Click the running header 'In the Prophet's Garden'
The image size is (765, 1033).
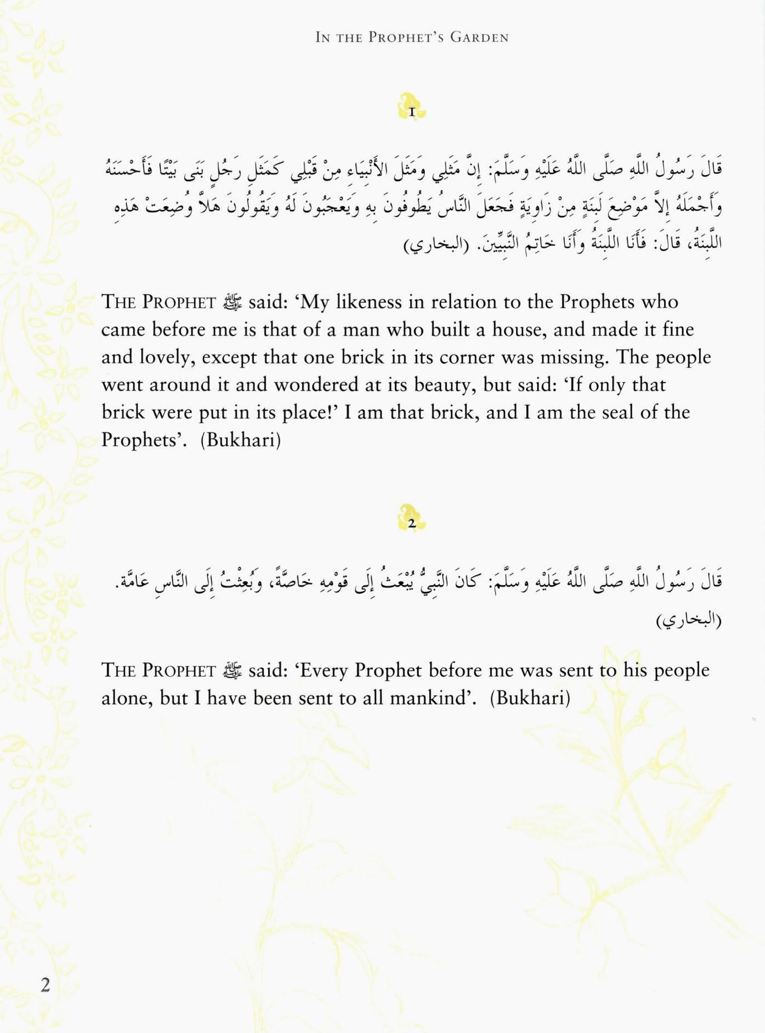(411, 38)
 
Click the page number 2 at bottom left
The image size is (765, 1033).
(45, 984)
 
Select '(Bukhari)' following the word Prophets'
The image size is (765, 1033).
(240, 440)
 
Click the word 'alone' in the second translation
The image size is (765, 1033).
(125, 698)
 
